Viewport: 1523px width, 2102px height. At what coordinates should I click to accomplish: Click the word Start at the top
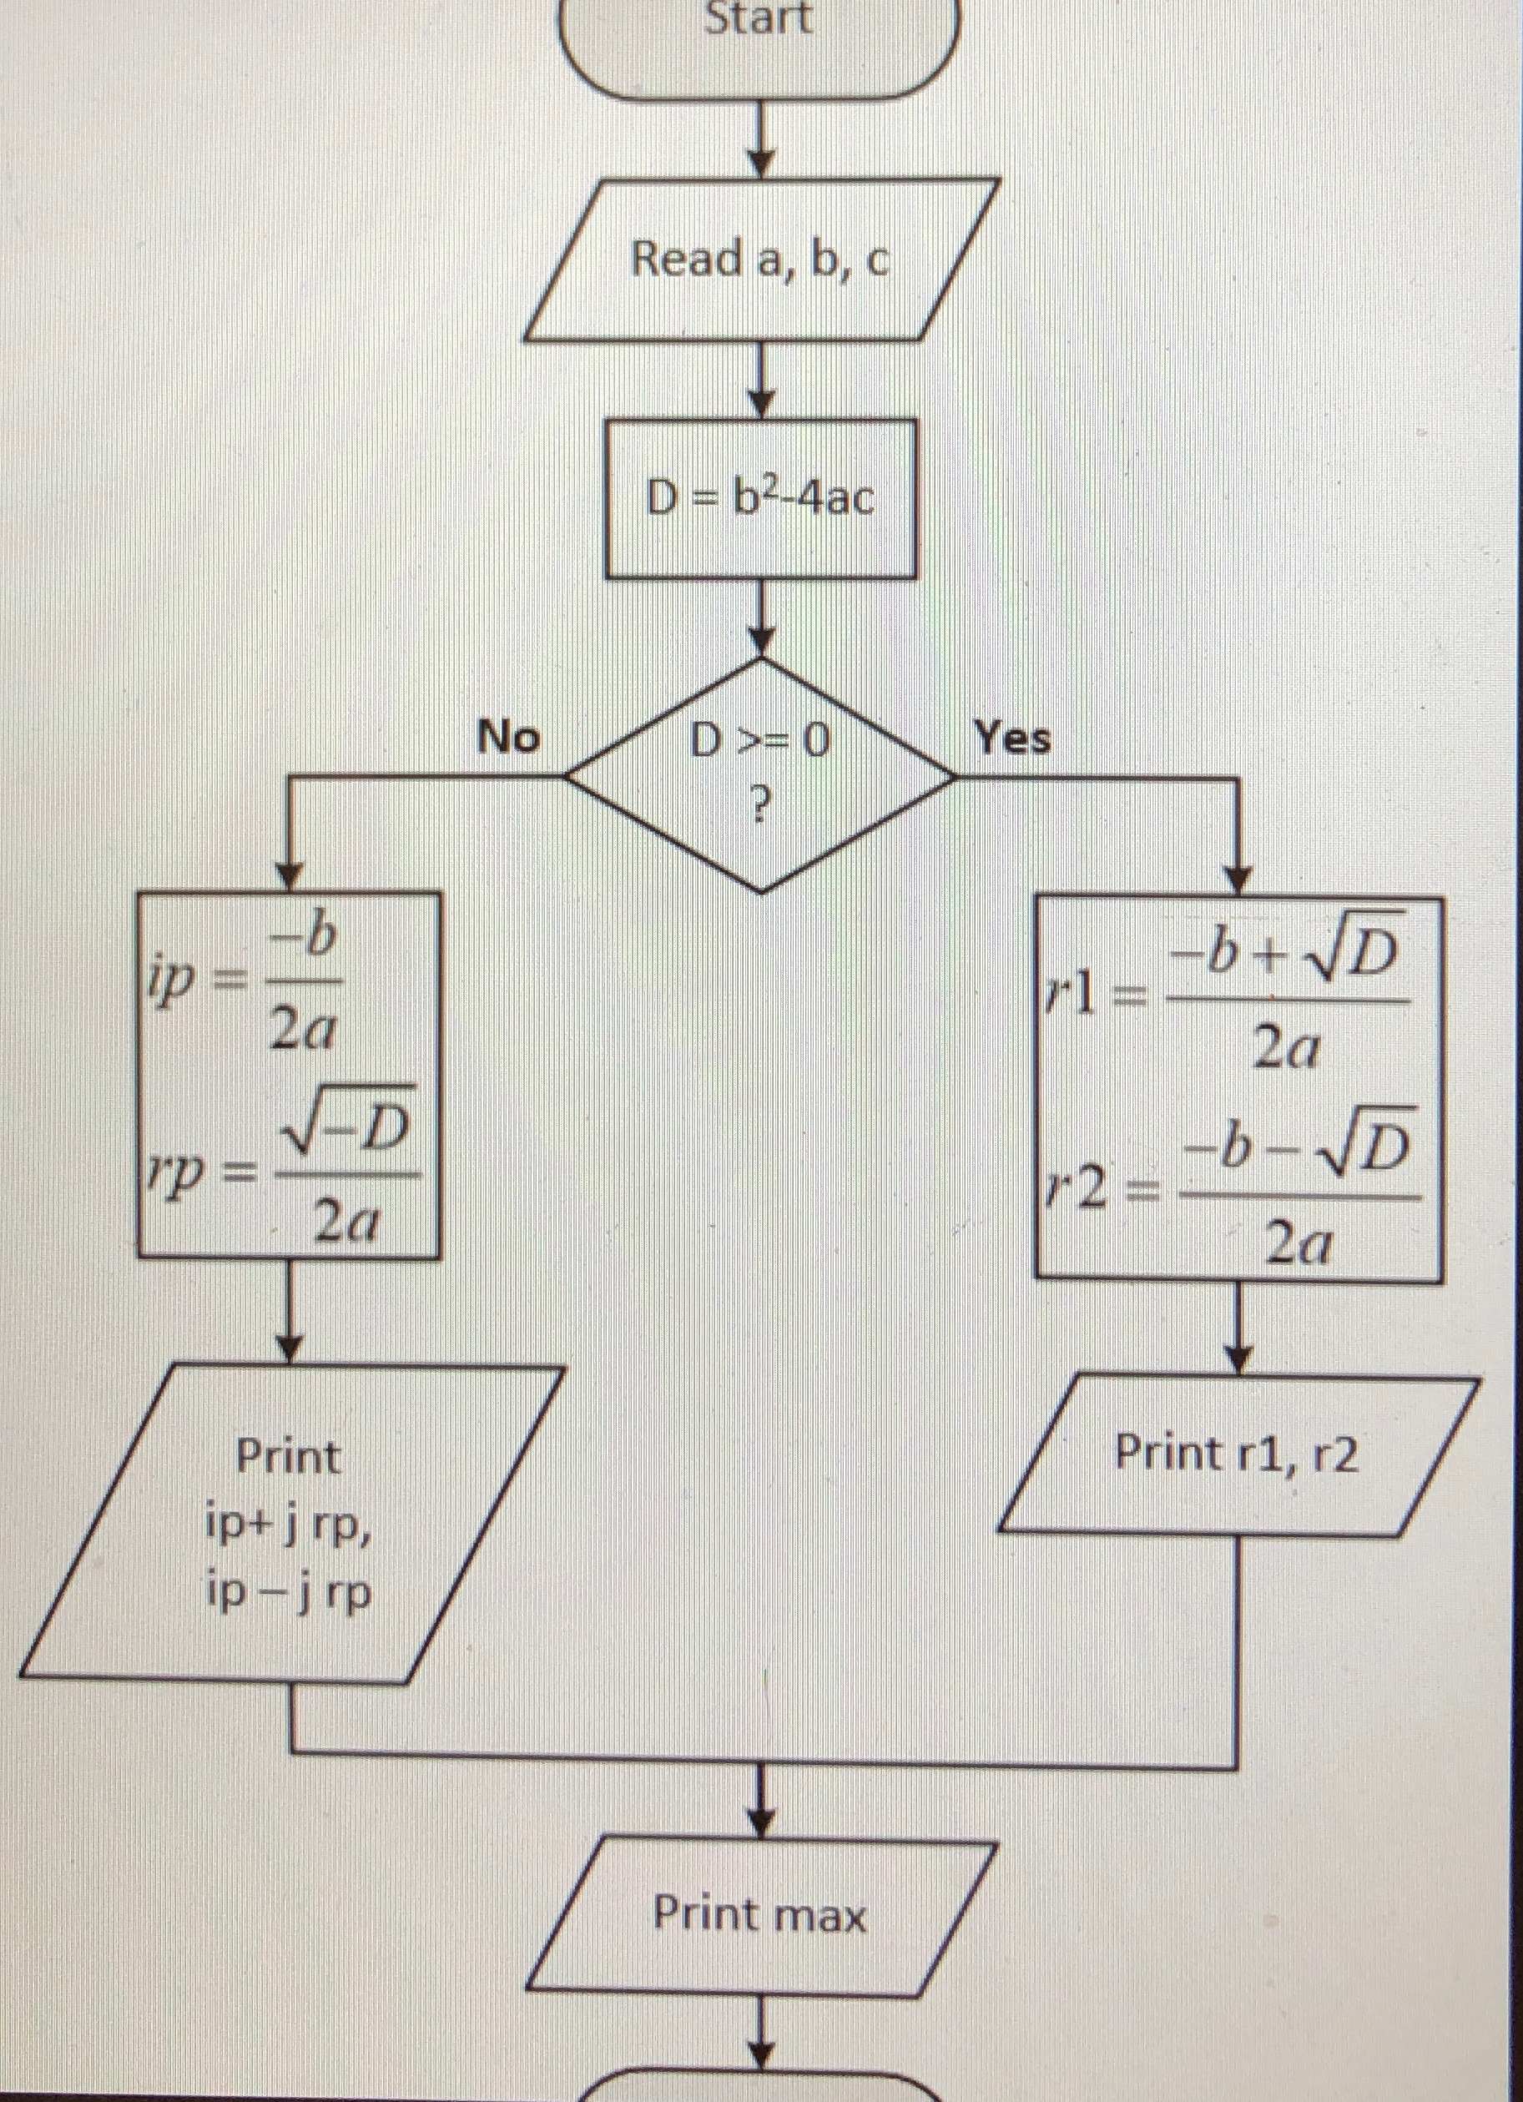point(759,18)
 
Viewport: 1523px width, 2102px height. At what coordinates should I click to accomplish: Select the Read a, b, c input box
point(760,259)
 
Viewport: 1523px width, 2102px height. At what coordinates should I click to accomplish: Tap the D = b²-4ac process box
point(760,500)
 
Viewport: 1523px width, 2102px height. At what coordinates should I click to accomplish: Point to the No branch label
point(508,738)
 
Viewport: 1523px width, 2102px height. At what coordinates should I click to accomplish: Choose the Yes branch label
point(1012,738)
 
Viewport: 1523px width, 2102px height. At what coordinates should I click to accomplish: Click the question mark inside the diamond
point(760,809)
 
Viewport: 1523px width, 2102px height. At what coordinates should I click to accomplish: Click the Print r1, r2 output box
point(1238,1454)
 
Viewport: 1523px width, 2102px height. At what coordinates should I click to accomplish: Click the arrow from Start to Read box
point(760,139)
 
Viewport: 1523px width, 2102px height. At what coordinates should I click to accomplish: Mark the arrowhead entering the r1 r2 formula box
point(1238,880)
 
